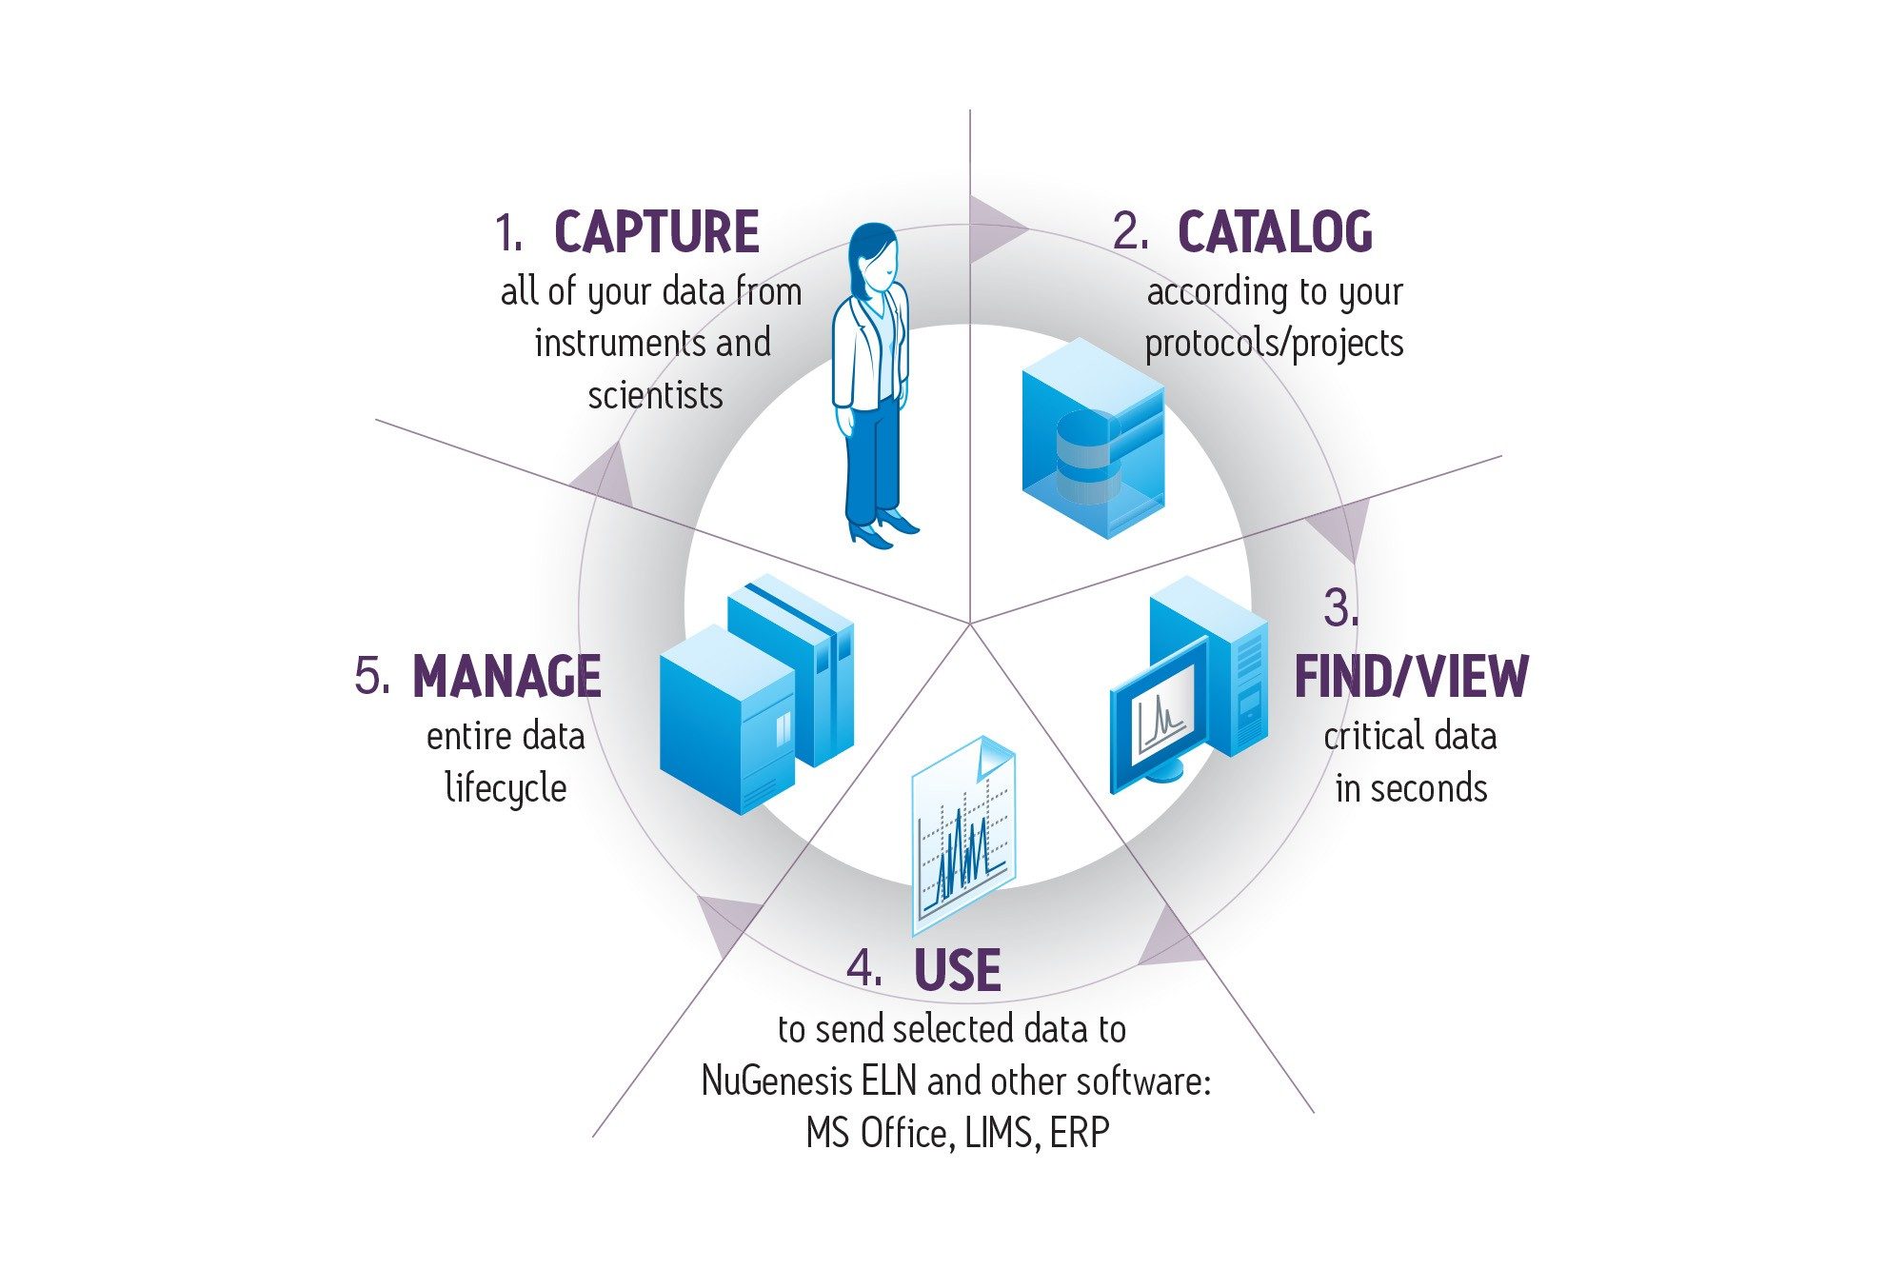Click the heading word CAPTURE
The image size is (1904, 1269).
[x=656, y=233]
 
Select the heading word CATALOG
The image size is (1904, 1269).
[x=1275, y=233]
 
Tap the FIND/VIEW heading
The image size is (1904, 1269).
[x=1411, y=677]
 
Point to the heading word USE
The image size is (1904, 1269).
[x=957, y=971]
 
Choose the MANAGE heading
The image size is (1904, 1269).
[x=506, y=677]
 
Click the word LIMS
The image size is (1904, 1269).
[x=999, y=1133]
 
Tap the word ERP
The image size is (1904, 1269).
[x=1080, y=1133]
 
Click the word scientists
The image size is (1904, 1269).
[x=655, y=395]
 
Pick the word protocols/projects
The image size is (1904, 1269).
[x=1274, y=344]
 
